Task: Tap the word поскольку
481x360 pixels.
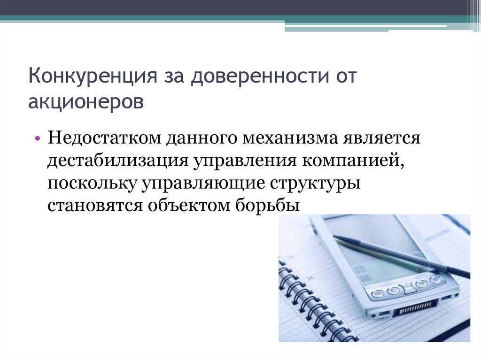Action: (x=89, y=183)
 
